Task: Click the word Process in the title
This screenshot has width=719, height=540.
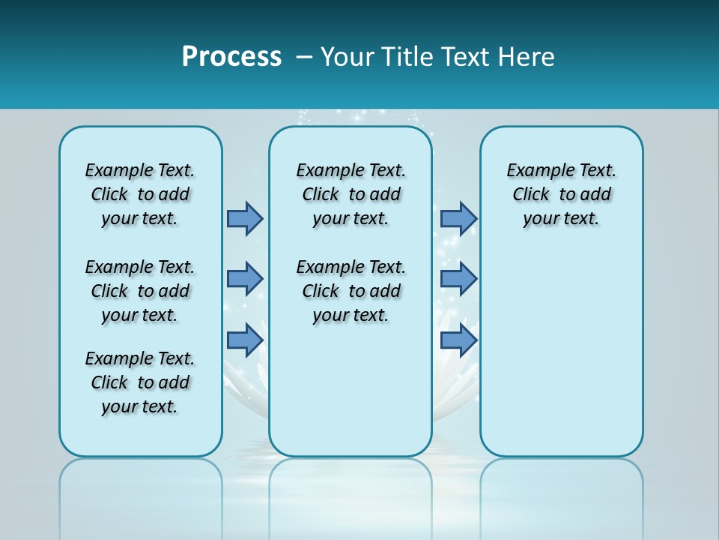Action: coord(231,57)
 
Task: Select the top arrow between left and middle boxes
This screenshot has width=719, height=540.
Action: coord(245,218)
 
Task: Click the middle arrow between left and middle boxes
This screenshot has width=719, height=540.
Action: coord(245,279)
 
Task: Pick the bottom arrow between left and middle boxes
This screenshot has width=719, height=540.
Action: coord(245,340)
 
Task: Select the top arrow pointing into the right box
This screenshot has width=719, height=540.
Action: coord(458,218)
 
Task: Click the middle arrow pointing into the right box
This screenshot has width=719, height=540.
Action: coord(458,279)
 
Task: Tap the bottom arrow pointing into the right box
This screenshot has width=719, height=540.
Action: coord(458,340)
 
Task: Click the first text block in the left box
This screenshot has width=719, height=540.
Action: coord(140,194)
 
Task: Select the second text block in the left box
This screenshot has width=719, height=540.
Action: coord(140,291)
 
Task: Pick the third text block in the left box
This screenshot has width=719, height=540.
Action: coord(140,382)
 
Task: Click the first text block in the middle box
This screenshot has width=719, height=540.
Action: coord(351,194)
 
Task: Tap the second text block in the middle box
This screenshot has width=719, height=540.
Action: coord(351,291)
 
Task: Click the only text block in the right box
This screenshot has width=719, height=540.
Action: coord(561,194)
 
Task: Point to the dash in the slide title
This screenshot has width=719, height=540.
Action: coord(304,58)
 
